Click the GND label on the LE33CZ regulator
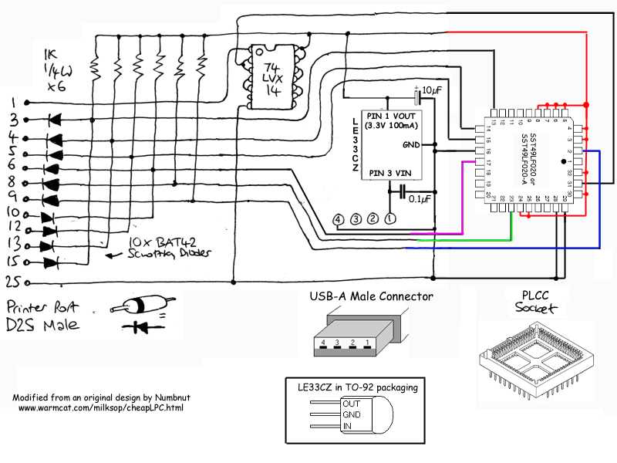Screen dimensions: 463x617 tap(412, 144)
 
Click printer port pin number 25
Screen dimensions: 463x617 tap(12, 282)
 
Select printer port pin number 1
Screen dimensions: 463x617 tap(12, 102)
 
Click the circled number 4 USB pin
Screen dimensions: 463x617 tap(338, 219)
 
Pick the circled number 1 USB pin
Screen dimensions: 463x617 tap(390, 219)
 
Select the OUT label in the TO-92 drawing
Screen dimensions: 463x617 tap(352, 403)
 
